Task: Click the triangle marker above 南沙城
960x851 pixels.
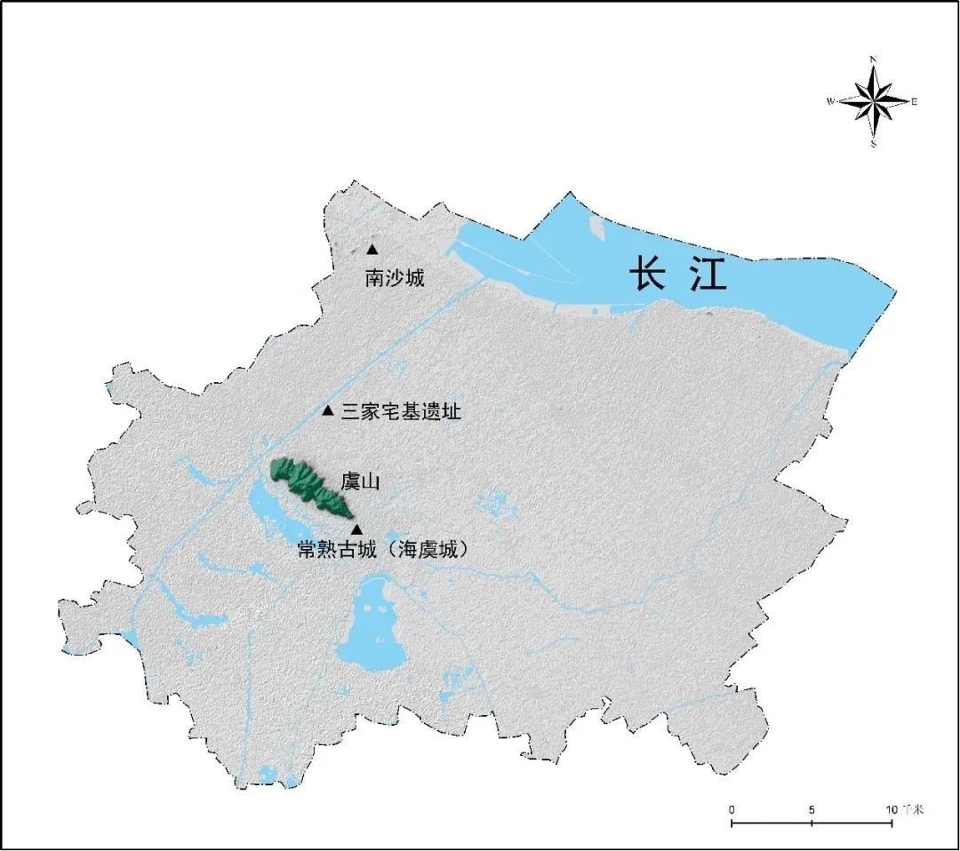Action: pyautogui.click(x=372, y=250)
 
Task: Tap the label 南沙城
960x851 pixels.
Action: pyautogui.click(x=395, y=278)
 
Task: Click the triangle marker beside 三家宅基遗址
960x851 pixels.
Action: pyautogui.click(x=327, y=410)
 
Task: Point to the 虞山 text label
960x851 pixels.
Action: pyautogui.click(x=360, y=482)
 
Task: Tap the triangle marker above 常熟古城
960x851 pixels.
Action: pyautogui.click(x=356, y=529)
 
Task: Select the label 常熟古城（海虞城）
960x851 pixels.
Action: pyautogui.click(x=382, y=550)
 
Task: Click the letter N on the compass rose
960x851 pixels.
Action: pyautogui.click(x=874, y=60)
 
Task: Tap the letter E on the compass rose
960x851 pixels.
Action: pyautogui.click(x=914, y=101)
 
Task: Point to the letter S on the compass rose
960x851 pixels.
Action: pyautogui.click(x=874, y=144)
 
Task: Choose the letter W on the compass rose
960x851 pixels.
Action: pyautogui.click(x=830, y=101)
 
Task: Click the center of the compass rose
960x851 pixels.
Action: pyautogui.click(x=874, y=101)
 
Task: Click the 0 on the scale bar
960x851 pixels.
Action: pyautogui.click(x=732, y=810)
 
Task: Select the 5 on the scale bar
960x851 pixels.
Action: pyautogui.click(x=812, y=810)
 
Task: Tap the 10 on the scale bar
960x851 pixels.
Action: pyautogui.click(x=891, y=810)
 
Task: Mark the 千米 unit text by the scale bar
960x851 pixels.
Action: pyautogui.click(x=912, y=810)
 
